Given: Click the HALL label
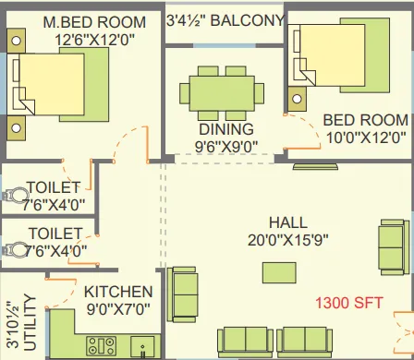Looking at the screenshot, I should tap(288, 222).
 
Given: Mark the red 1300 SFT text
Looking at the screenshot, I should tap(350, 302).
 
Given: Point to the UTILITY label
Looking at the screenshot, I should tap(30, 323).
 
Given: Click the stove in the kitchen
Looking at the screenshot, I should tap(100, 346).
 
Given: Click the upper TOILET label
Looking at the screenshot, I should tap(54, 188).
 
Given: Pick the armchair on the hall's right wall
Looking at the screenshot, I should tap(392, 247).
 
